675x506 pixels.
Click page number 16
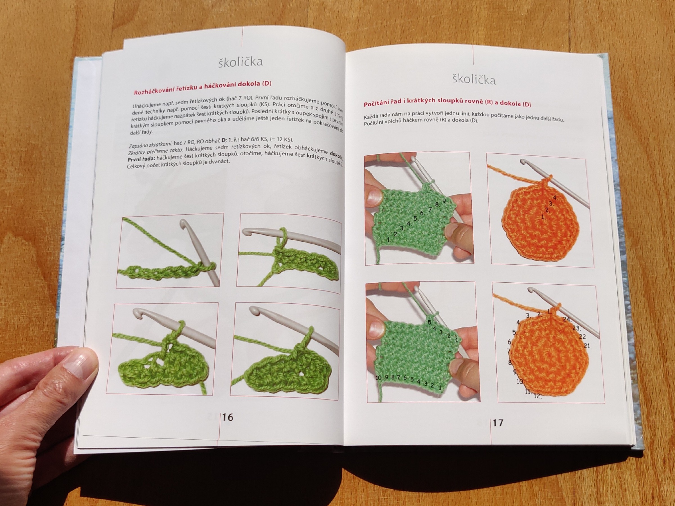tap(228, 417)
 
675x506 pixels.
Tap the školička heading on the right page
tap(474, 80)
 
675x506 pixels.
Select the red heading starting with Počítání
tap(447, 104)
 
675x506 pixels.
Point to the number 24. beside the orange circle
tap(567, 319)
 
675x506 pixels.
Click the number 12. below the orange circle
tap(538, 396)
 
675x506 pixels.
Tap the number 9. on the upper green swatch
tap(445, 201)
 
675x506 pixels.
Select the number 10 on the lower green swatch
tap(379, 377)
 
